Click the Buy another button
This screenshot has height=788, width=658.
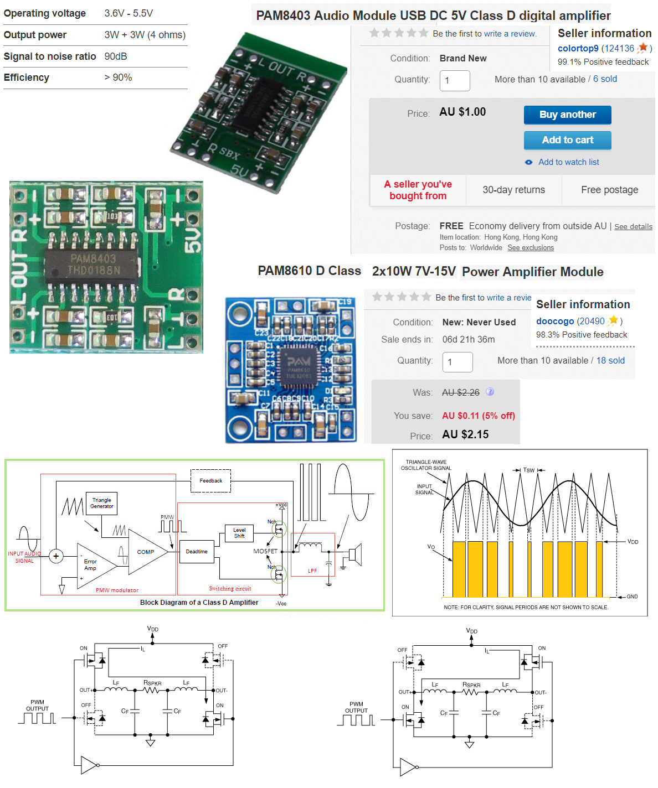(567, 115)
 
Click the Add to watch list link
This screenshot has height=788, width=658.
(568, 162)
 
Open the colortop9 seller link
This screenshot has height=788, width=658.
(578, 48)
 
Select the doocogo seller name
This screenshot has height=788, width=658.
(554, 321)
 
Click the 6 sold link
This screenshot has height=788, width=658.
(605, 79)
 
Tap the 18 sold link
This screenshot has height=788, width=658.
(610, 361)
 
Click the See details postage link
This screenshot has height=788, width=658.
(633, 226)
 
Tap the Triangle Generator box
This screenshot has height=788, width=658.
(102, 503)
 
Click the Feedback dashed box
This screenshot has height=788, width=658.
(210, 481)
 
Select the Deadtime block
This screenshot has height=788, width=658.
(197, 552)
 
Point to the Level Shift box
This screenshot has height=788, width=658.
(239, 533)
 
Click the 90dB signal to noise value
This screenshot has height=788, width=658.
(116, 56)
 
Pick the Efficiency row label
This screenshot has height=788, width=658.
(27, 77)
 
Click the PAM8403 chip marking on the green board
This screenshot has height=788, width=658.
(93, 265)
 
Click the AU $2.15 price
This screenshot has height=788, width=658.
(465, 434)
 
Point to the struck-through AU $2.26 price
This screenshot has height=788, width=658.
(460, 392)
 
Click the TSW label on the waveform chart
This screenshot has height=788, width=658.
(529, 470)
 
